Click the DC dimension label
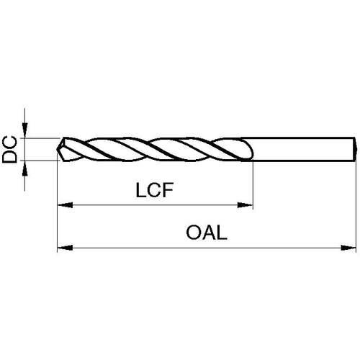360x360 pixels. coord(9,149)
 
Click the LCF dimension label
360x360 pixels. coord(155,190)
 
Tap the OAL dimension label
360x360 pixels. coord(207,233)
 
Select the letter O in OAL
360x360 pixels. coord(193,233)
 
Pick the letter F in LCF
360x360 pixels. coord(168,190)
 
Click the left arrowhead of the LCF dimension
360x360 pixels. coord(66,205)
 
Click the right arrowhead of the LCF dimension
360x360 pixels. coord(245,205)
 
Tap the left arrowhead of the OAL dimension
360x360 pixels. coord(65,248)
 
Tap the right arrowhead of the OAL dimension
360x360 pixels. coord(348,248)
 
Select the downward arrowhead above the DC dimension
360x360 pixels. coord(24,130)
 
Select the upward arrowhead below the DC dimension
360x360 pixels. coord(24,168)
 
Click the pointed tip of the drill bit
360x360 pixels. coord(58,149)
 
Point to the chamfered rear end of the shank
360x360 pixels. coord(355,149)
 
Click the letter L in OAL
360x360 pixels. coord(222,233)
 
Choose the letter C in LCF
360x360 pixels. coord(154,190)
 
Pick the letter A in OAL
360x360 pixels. coord(208,233)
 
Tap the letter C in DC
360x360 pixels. coord(9,143)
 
